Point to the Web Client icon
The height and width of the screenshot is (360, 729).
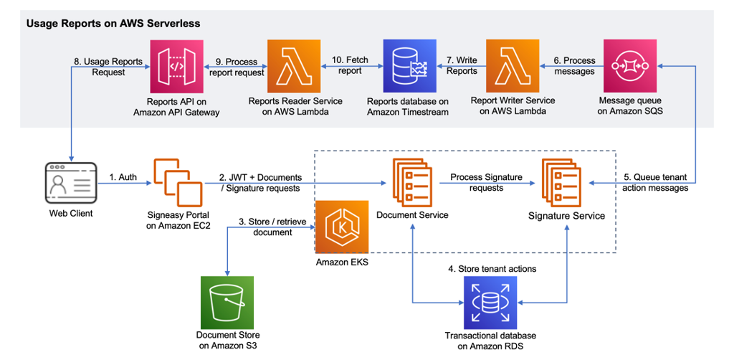(x=70, y=182)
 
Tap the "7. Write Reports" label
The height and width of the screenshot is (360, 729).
(x=461, y=66)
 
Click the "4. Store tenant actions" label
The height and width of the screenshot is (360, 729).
(x=488, y=268)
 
